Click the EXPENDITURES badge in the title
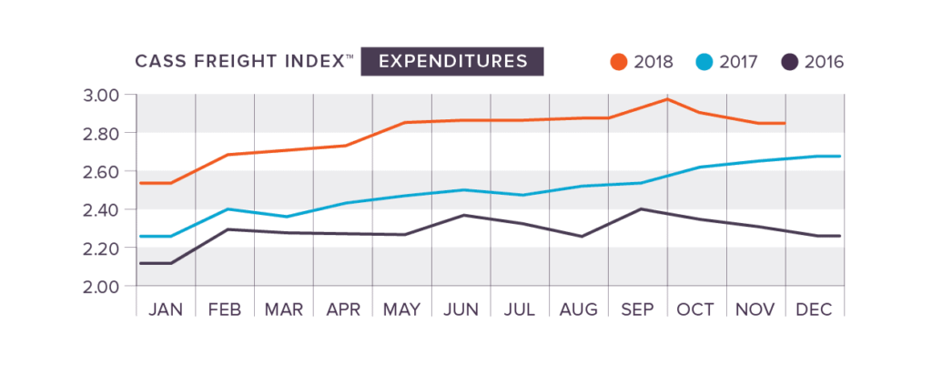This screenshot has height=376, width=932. click(453, 62)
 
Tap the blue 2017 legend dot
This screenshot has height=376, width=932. click(704, 63)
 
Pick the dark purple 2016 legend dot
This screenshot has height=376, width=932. click(790, 63)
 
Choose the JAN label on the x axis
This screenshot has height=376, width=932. click(165, 310)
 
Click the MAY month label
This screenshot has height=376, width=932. click(401, 310)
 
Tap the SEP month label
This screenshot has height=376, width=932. click(638, 310)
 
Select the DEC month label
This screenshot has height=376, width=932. click(815, 310)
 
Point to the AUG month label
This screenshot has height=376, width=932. click(579, 310)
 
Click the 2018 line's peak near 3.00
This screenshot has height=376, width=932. click(667, 98)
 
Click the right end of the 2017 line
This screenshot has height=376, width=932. click(838, 156)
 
